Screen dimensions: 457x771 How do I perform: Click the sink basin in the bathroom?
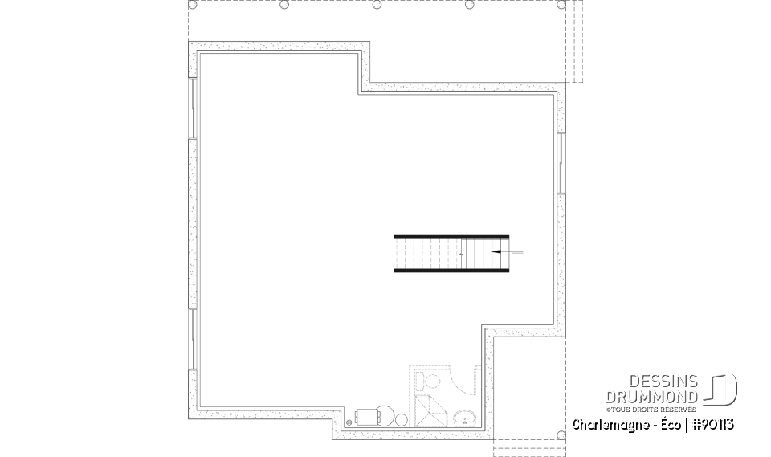[x=463, y=417]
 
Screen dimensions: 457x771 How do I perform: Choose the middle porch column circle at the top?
[x=377, y=5]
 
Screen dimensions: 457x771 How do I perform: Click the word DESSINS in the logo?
[x=669, y=382]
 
